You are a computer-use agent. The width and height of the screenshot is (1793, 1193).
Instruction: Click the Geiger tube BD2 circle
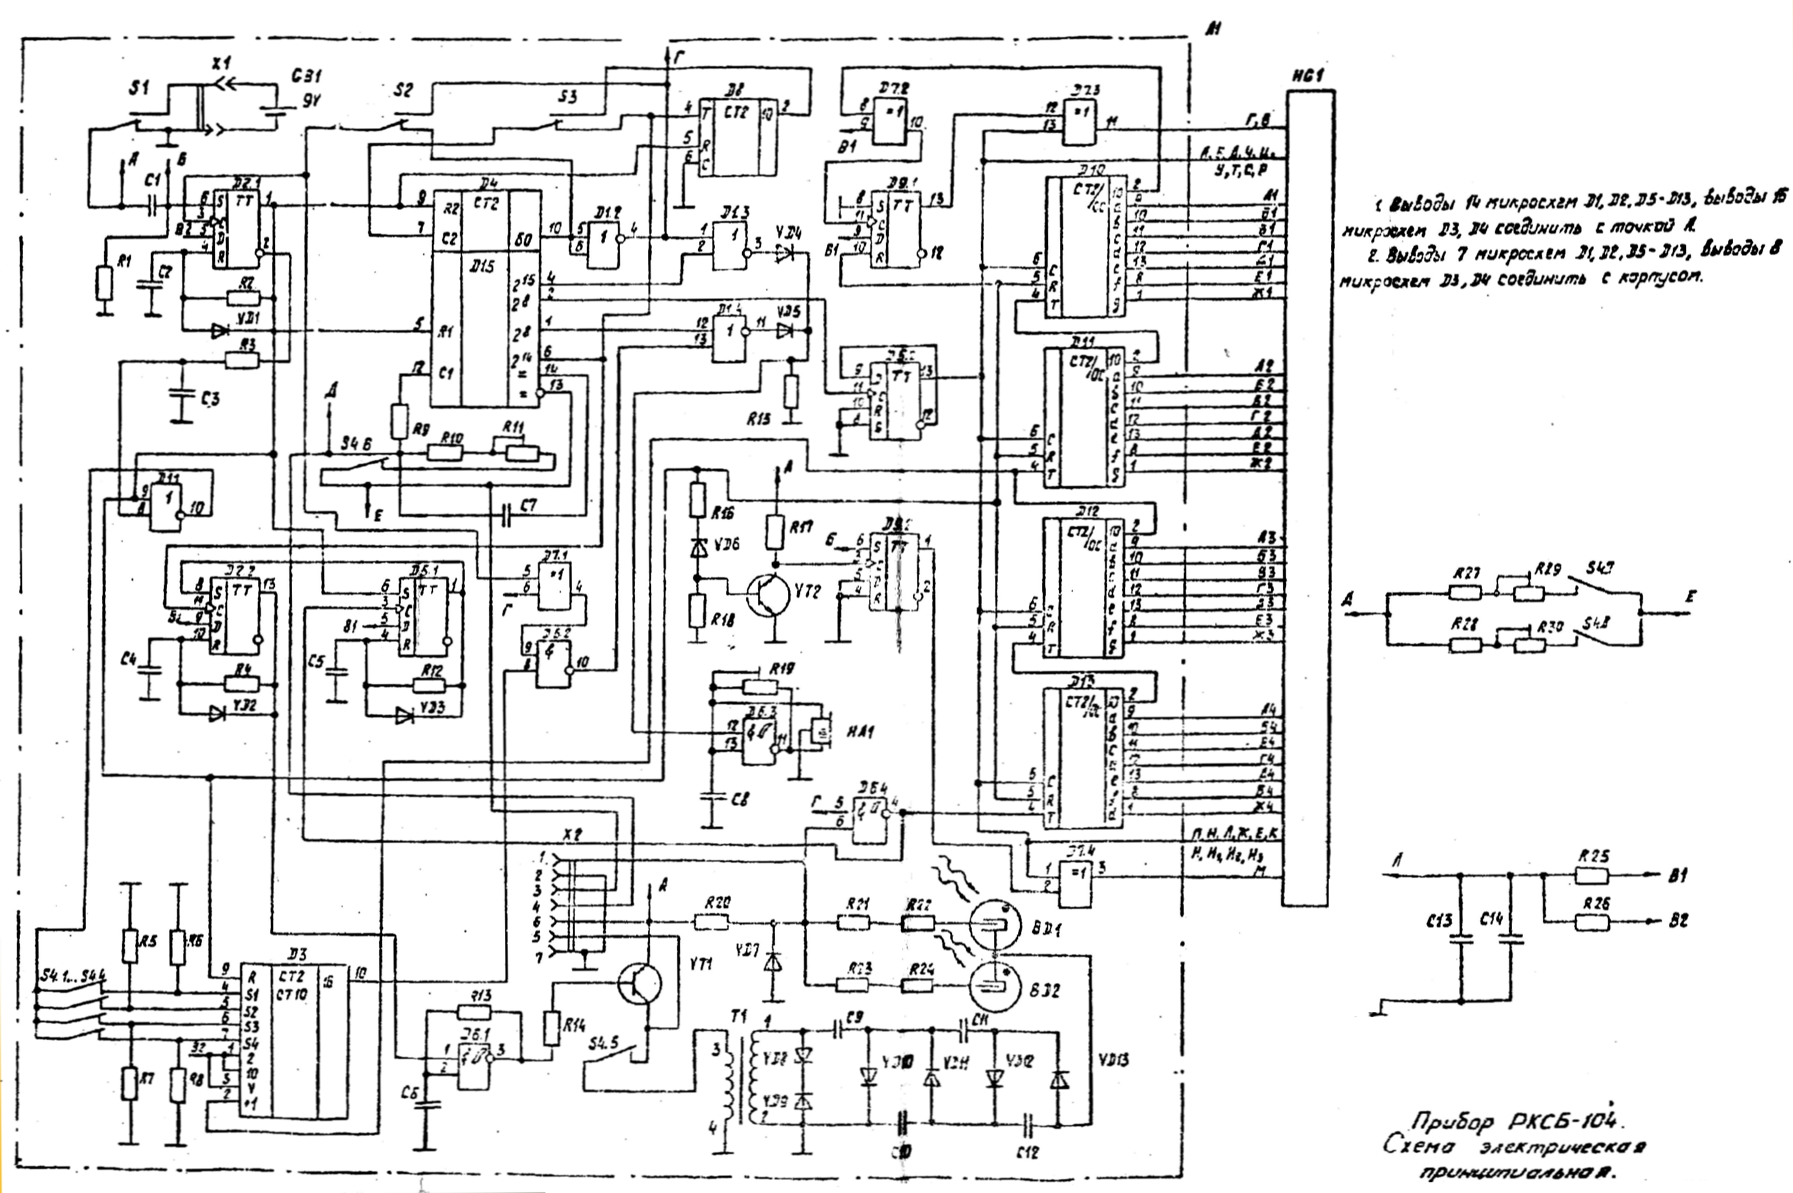coord(994,987)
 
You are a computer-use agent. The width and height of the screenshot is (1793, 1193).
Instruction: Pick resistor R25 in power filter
coord(1592,876)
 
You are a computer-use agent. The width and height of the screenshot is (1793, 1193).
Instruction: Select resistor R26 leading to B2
coord(1592,923)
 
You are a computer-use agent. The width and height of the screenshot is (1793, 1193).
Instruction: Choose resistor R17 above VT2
coord(774,533)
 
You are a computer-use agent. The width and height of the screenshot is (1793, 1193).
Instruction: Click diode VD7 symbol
coord(774,963)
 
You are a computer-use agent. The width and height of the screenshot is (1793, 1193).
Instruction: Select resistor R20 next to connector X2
coord(711,922)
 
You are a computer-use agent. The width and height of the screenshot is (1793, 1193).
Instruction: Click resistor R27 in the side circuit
coord(1464,593)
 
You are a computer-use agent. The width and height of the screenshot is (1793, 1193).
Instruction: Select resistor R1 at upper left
coord(105,282)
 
